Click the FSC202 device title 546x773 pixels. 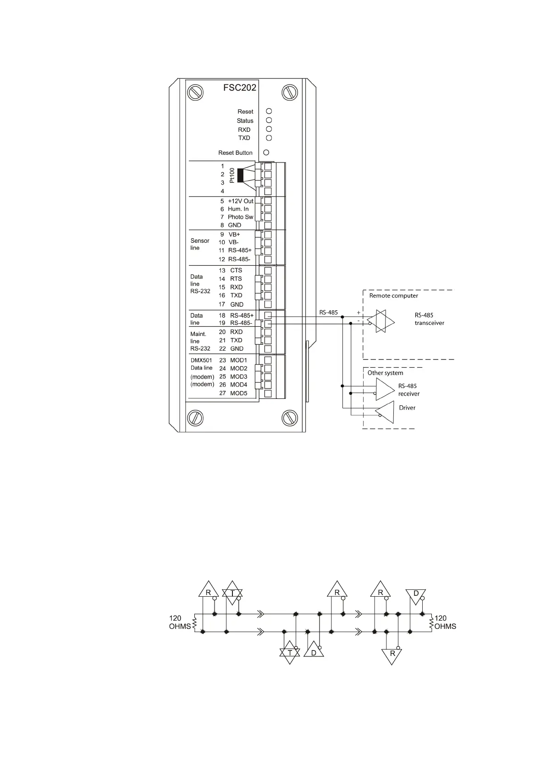239,88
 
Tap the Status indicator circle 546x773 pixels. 269,120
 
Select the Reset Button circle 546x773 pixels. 266,152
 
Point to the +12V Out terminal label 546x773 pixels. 240,201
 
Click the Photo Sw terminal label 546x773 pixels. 240,217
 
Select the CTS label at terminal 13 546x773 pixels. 236,270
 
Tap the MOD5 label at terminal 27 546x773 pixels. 238,393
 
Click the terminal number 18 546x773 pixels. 222,315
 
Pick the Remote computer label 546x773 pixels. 393,296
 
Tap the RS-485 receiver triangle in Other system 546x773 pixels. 385,390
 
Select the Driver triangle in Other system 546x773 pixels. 386,412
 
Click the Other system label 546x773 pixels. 385,373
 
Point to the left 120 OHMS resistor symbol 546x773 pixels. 195,623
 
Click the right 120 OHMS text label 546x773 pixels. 445,622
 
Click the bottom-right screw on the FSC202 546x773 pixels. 290,417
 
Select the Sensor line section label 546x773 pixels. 199,244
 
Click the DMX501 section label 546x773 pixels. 201,360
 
